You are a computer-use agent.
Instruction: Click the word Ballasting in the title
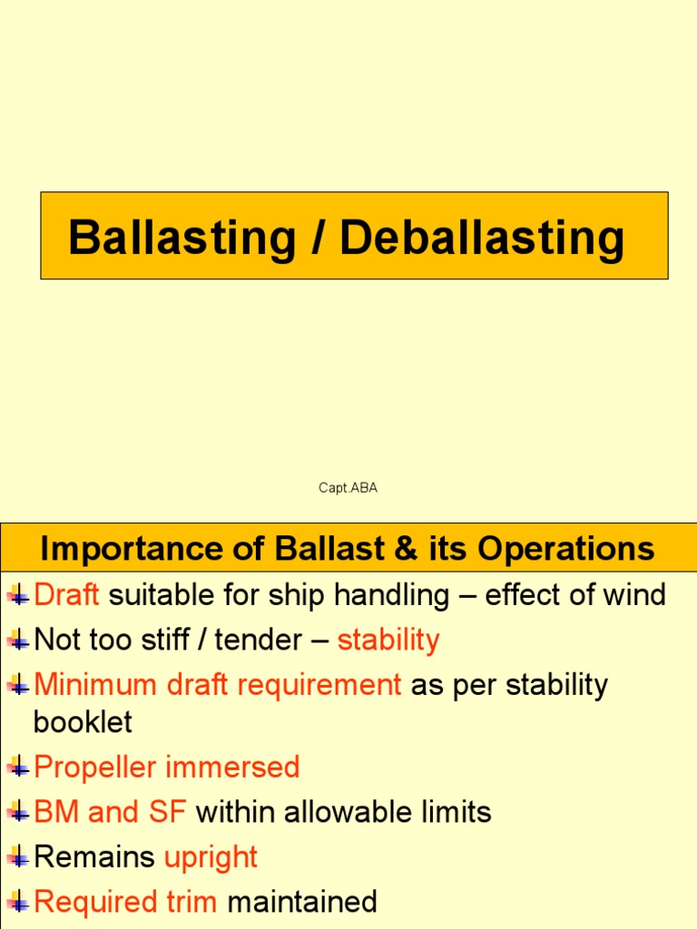(182, 238)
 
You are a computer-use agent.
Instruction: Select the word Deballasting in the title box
(483, 238)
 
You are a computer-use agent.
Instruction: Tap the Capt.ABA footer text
(348, 488)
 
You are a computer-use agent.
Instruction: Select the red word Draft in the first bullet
(66, 595)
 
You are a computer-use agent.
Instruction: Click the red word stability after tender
(388, 641)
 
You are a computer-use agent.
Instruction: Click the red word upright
(211, 857)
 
